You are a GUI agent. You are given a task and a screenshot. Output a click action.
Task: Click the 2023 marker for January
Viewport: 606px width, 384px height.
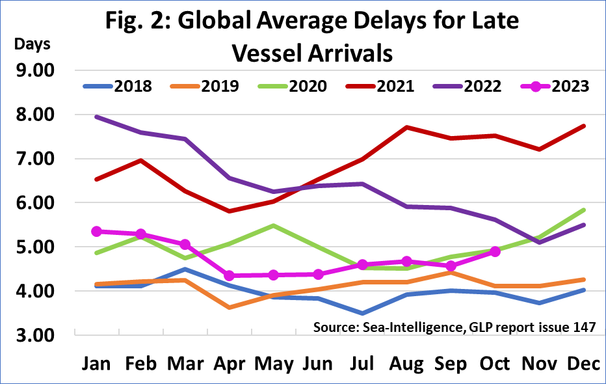[x=96, y=231]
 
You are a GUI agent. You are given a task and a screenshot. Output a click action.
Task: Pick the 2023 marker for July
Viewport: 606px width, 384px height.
[x=363, y=264]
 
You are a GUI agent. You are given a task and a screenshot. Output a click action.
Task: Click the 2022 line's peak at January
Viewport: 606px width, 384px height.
[x=96, y=117]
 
